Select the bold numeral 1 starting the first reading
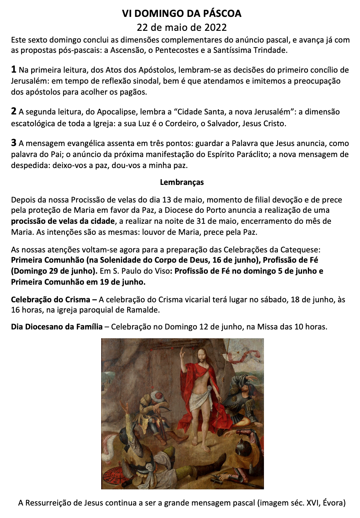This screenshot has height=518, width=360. coord(14,69)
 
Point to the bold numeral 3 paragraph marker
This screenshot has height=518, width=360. coord(14,143)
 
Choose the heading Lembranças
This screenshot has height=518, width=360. coord(182,182)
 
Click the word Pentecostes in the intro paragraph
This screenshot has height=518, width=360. coord(177,50)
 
